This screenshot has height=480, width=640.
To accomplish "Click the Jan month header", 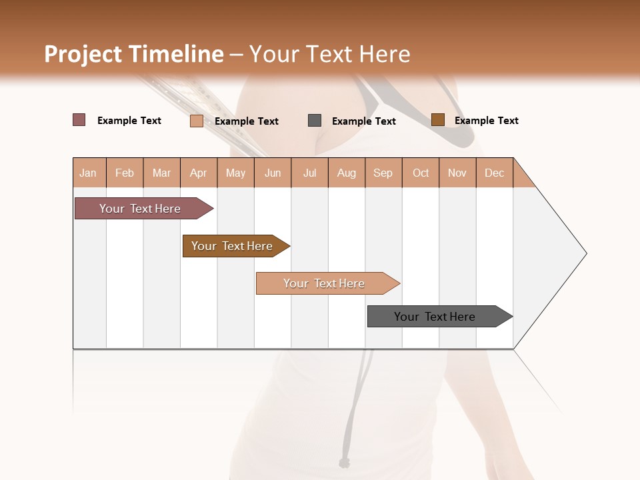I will click(x=89, y=173).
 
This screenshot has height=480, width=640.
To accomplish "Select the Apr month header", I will click(x=199, y=173).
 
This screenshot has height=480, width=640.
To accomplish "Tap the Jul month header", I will click(x=309, y=173).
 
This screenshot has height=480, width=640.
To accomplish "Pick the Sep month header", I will click(x=383, y=173).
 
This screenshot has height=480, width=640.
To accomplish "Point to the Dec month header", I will click(x=495, y=173).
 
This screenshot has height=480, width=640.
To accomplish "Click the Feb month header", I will click(x=125, y=173).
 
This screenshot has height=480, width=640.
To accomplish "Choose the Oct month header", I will click(x=421, y=173).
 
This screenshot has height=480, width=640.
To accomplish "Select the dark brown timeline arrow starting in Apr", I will click(x=233, y=246).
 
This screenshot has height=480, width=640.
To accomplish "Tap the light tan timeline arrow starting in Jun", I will click(x=325, y=283).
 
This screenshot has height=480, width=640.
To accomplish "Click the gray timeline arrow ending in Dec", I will click(x=437, y=317).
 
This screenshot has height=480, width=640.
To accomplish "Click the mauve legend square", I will click(x=79, y=120).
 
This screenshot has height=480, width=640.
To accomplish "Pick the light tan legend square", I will click(x=197, y=121).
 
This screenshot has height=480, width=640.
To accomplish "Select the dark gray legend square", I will click(x=315, y=121).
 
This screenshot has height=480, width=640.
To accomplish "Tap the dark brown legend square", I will click(x=437, y=120).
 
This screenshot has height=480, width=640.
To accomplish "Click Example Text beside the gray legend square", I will click(x=363, y=121).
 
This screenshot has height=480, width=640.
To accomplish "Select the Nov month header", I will click(x=457, y=173).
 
